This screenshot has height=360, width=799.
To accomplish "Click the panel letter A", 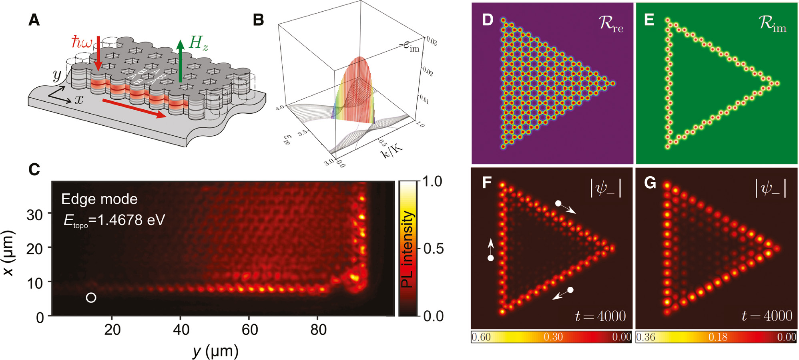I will [34, 20].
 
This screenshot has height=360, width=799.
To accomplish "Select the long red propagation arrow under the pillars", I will [134, 107].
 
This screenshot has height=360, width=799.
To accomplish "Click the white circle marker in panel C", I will [91, 298].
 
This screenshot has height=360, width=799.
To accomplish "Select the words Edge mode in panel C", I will [99, 199].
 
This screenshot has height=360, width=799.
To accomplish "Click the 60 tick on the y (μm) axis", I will [249, 330].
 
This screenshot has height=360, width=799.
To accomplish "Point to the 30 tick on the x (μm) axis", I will [35, 215].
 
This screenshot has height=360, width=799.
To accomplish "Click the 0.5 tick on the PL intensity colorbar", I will [434, 249].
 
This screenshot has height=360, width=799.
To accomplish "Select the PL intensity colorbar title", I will [407, 249].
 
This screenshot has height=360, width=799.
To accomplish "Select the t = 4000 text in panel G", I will [767, 316].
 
